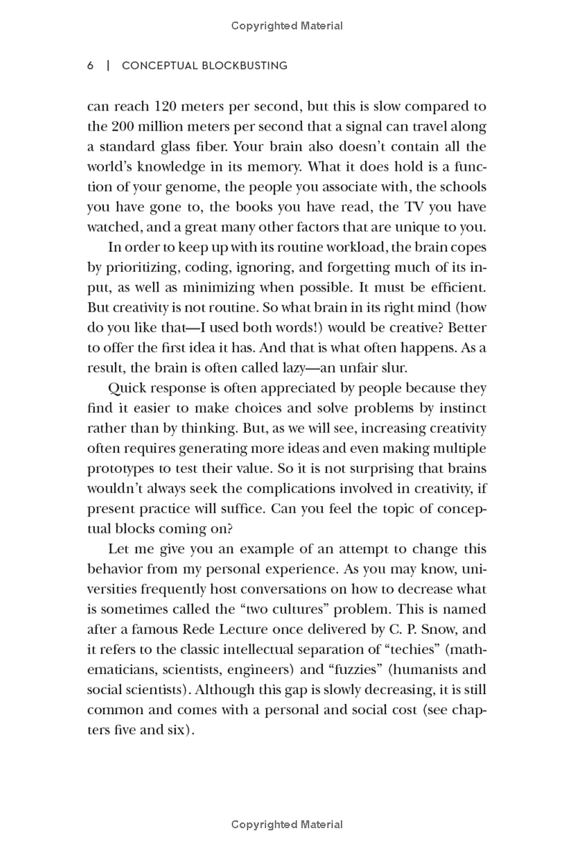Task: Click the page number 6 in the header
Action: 90,65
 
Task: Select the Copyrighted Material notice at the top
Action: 287,26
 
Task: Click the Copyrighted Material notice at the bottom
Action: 287,825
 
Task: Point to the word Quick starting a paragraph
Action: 128,388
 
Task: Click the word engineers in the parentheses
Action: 241,670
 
